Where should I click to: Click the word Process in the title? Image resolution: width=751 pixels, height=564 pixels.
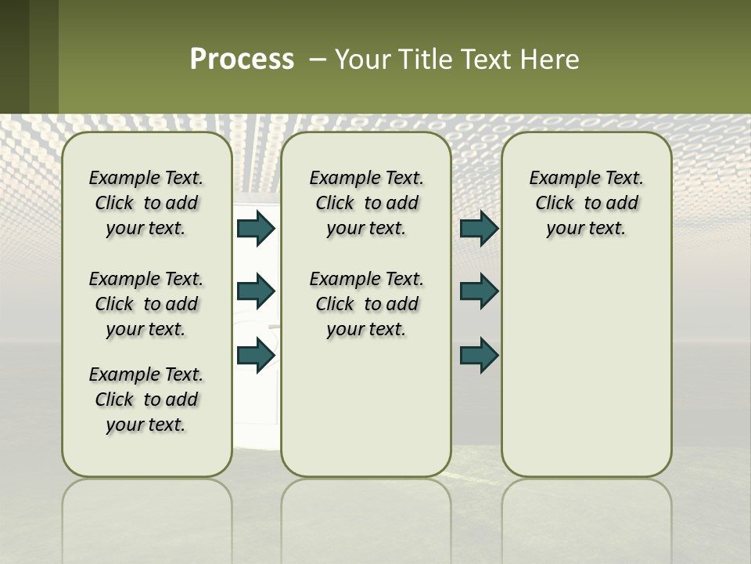click(242, 60)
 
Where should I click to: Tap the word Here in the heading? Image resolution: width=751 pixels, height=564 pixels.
click(551, 60)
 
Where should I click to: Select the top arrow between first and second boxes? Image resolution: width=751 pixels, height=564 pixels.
click(255, 228)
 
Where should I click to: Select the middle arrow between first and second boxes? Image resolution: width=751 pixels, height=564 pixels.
click(255, 291)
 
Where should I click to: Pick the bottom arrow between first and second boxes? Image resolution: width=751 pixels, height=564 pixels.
click(255, 355)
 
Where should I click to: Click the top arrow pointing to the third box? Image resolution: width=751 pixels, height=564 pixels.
click(479, 228)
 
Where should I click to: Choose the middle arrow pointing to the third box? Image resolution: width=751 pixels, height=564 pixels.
click(479, 291)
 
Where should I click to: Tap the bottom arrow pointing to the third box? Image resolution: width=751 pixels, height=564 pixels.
click(479, 355)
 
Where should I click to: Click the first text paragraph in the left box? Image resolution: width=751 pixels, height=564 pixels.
click(146, 203)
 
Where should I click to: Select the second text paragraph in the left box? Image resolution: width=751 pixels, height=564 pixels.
click(146, 304)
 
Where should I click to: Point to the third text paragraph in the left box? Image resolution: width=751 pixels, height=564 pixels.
click(146, 399)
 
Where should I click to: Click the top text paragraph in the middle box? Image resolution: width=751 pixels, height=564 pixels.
click(366, 203)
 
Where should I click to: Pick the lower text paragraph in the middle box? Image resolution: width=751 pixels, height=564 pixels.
click(366, 304)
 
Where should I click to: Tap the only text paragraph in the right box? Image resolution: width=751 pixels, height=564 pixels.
click(586, 203)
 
